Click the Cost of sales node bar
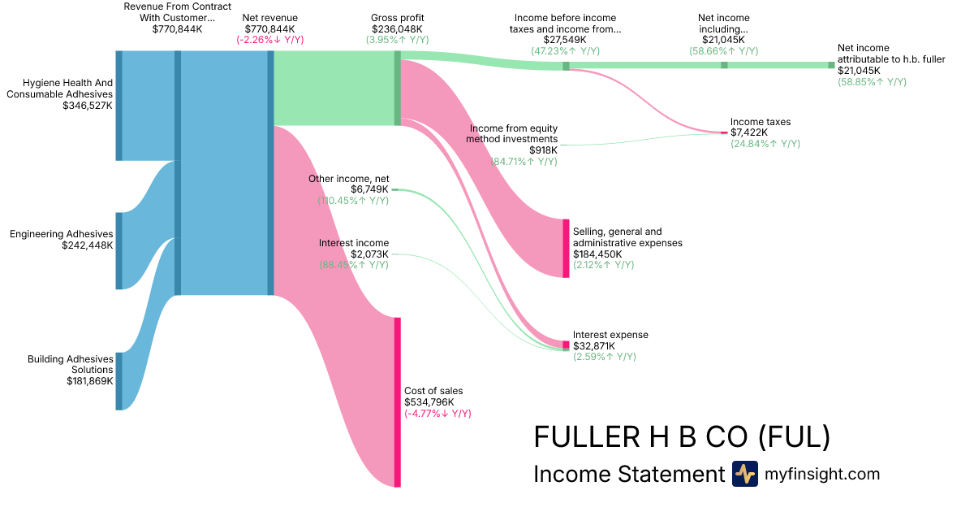[x=398, y=401]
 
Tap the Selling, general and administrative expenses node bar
[x=566, y=248]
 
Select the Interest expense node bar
[x=566, y=345]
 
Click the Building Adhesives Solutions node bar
[x=119, y=381]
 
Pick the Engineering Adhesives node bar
[x=119, y=250]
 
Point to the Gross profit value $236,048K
[x=397, y=28]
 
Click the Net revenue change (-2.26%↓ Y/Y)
[x=270, y=39]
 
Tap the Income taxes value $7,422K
[x=748, y=132]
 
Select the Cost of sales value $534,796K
[x=429, y=401]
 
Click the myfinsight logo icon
[x=744, y=474]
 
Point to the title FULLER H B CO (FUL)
[x=682, y=437]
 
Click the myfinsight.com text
[x=822, y=474]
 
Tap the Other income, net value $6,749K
[x=369, y=189]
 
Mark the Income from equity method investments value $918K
[x=543, y=150]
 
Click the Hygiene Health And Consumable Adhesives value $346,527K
[x=87, y=106]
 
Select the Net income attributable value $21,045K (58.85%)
[x=859, y=71]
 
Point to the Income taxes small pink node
[x=724, y=132]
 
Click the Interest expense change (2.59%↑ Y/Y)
[x=604, y=357]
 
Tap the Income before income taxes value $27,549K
[x=565, y=39]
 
